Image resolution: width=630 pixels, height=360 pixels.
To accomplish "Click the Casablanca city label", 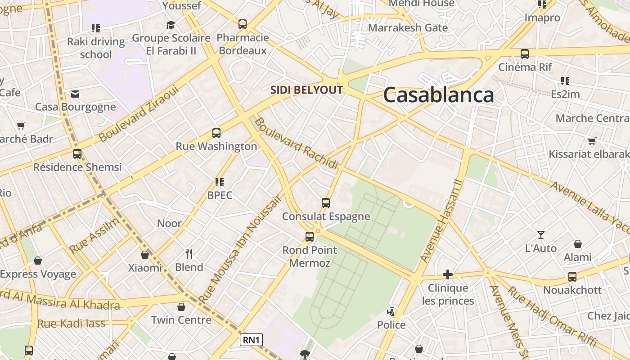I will [438, 95].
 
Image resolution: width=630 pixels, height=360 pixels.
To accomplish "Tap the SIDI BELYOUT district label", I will [306, 90].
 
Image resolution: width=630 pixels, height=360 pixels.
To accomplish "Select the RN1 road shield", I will [251, 340].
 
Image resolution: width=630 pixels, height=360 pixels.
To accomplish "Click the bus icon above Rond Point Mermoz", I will [310, 236].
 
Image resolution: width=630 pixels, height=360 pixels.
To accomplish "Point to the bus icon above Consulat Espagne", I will [326, 203].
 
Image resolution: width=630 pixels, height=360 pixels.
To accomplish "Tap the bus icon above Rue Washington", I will [216, 133].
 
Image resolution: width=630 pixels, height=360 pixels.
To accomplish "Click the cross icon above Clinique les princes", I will [447, 274].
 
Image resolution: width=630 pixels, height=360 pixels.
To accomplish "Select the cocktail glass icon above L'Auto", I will [541, 235].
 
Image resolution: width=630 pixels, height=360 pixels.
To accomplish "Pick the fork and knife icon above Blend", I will [189, 254].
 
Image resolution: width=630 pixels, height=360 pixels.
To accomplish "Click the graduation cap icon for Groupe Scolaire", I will [171, 25].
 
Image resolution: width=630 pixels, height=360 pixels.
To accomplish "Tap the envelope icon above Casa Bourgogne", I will [75, 94].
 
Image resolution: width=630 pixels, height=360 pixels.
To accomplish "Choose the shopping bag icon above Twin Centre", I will [181, 307].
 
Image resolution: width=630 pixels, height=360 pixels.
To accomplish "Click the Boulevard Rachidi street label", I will [296, 144].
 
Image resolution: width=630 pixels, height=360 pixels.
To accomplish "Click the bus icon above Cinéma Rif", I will [525, 54].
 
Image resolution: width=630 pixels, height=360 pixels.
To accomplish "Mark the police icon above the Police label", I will [391, 311].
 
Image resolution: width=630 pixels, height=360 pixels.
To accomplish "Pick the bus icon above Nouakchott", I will [572, 276].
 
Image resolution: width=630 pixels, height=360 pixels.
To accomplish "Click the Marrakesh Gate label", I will [408, 28].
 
